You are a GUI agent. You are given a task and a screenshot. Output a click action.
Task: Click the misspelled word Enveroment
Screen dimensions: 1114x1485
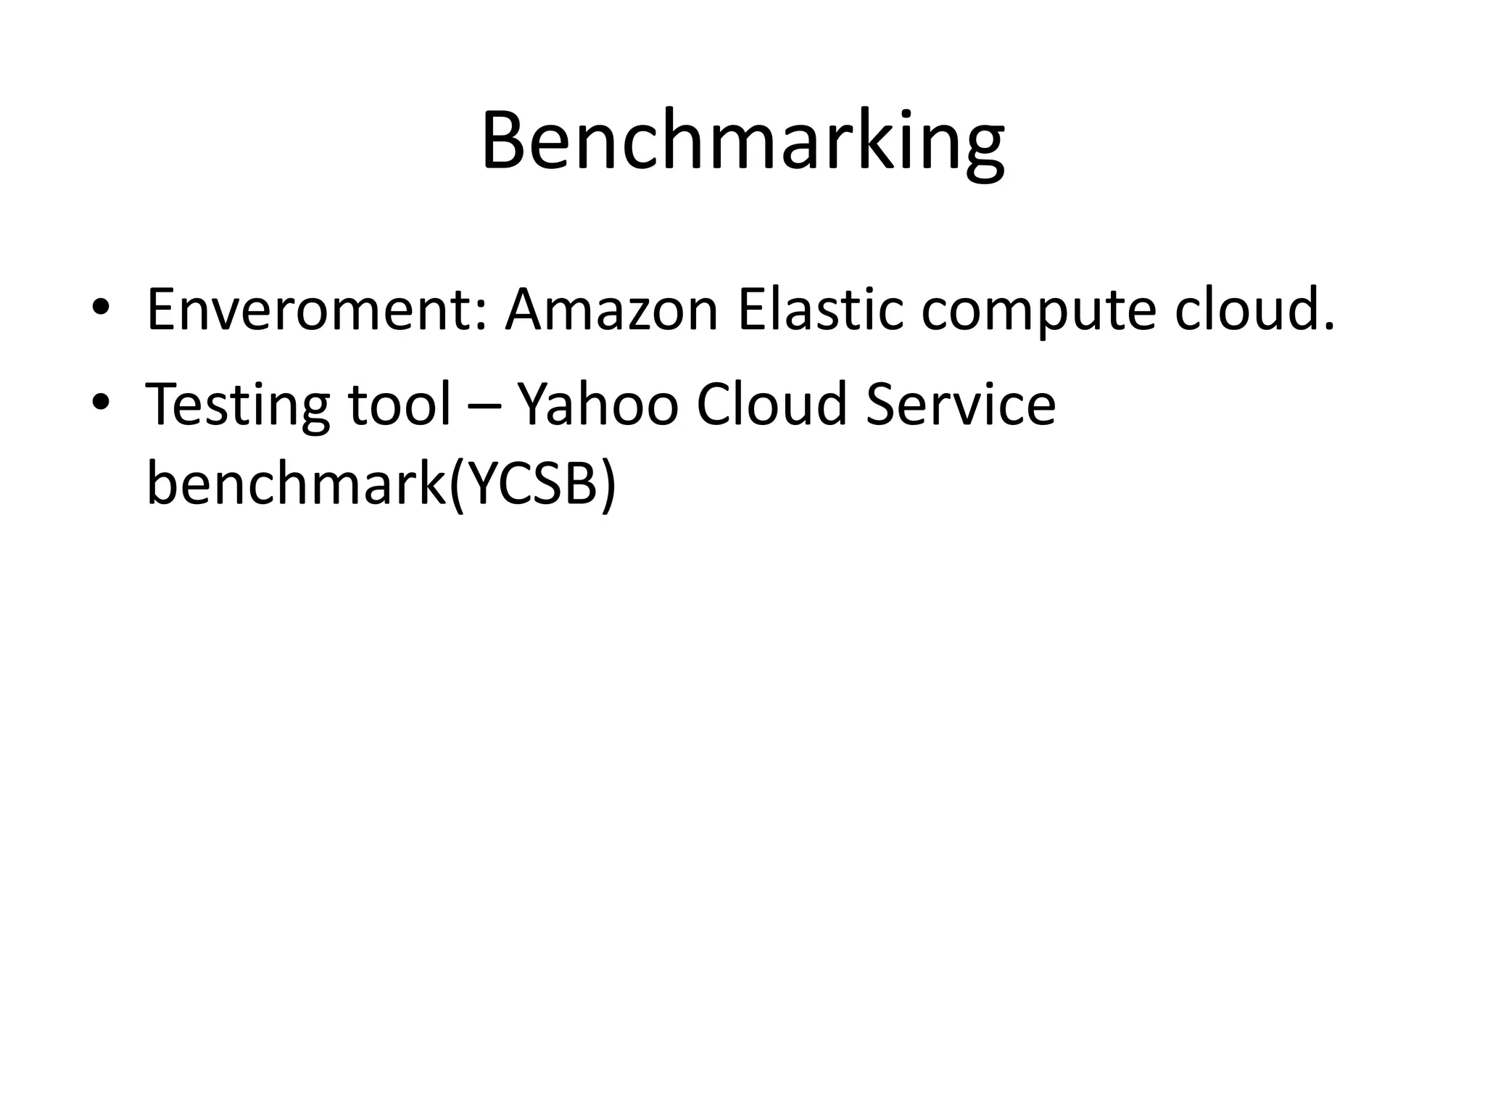[308, 310]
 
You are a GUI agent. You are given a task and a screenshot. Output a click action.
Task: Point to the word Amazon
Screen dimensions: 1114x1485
[611, 310]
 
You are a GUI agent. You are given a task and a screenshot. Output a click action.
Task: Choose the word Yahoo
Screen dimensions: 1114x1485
[598, 403]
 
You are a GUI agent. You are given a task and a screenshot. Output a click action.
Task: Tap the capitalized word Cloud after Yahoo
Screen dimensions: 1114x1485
[772, 403]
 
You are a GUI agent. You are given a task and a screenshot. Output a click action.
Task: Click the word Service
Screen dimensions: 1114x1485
[960, 403]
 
